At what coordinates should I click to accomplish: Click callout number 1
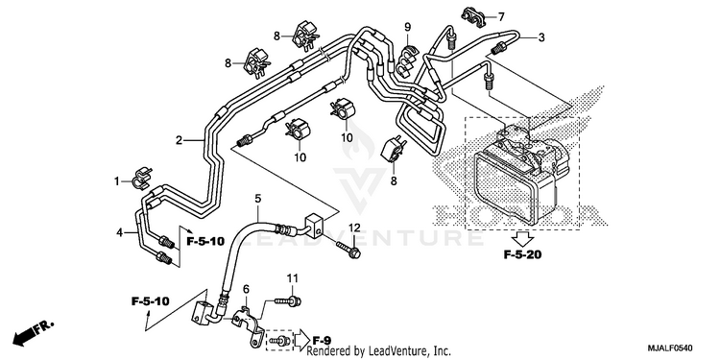(117, 181)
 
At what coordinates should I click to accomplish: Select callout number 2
(180, 140)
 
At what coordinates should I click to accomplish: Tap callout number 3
(541, 37)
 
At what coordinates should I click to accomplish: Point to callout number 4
(120, 233)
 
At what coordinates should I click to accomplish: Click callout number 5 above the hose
(258, 199)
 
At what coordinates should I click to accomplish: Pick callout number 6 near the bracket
(246, 289)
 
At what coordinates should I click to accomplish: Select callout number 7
(501, 17)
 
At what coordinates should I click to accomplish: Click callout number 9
(407, 27)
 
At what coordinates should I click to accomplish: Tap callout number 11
(293, 277)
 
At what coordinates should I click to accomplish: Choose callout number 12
(354, 228)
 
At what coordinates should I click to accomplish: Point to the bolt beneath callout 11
(288, 301)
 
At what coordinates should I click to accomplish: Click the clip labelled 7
(474, 17)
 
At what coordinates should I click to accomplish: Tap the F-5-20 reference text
(522, 254)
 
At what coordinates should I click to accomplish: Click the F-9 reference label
(322, 340)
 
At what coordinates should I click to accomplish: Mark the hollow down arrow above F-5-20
(523, 238)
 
